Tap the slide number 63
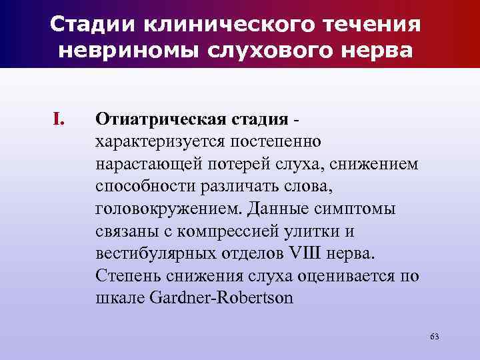434,335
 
